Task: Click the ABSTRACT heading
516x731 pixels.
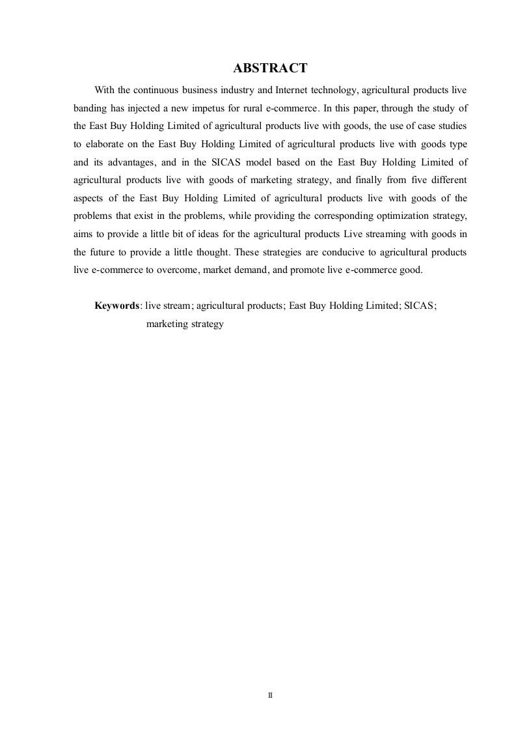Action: click(x=270, y=68)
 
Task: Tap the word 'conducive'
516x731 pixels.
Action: click(x=310, y=251)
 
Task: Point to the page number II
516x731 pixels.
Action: click(x=270, y=696)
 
